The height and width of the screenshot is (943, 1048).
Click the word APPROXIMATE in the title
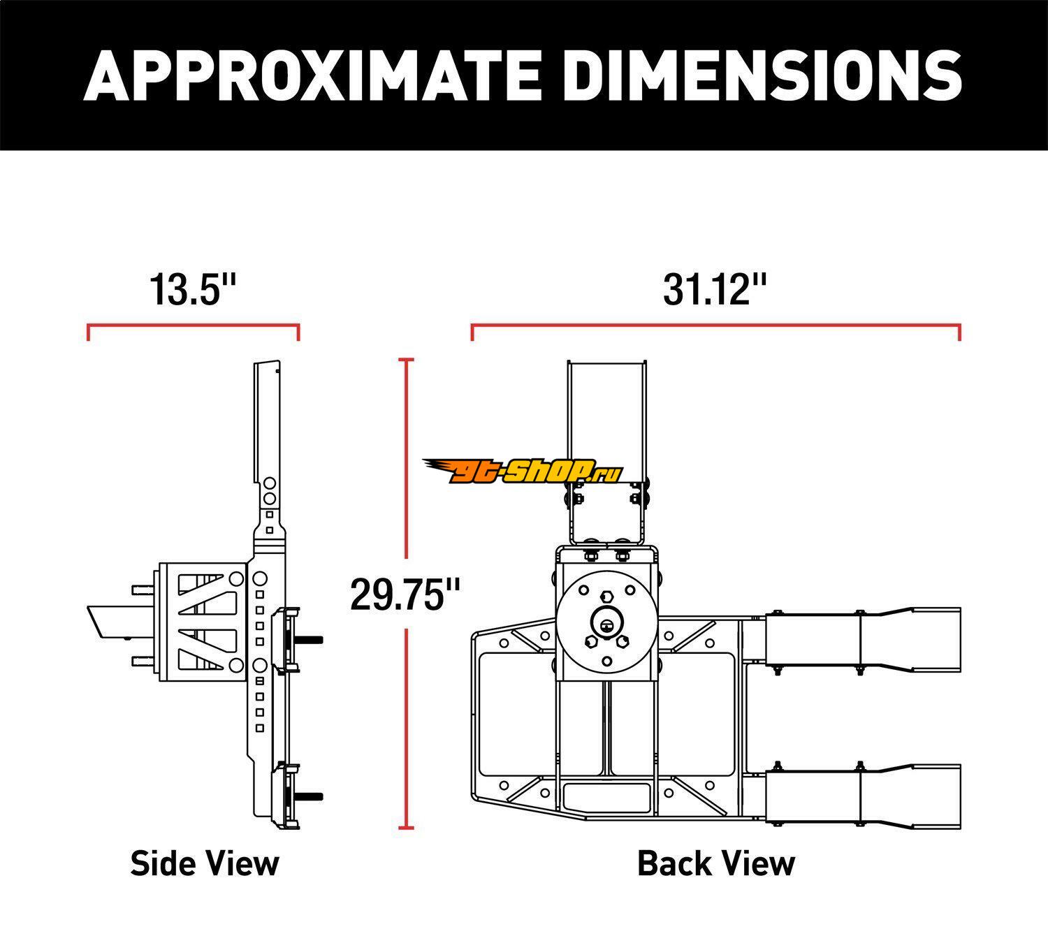[x=312, y=75]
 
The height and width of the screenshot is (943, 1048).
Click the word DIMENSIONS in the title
[x=763, y=75]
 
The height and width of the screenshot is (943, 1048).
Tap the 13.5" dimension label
[x=193, y=290]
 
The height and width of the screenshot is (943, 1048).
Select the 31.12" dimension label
[x=714, y=290]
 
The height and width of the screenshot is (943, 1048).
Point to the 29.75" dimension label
[x=405, y=595]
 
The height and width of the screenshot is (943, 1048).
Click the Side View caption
[x=205, y=863]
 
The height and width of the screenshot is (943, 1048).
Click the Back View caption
[x=716, y=863]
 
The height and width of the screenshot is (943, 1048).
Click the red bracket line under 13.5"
[x=194, y=326]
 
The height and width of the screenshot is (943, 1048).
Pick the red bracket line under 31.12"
[x=716, y=326]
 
